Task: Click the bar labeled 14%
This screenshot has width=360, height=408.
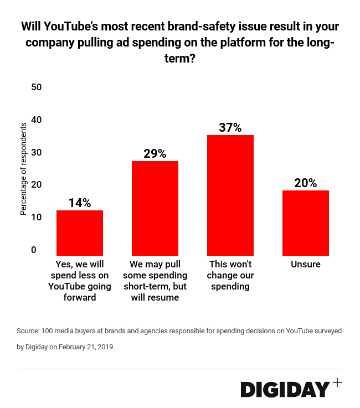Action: click(x=80, y=233)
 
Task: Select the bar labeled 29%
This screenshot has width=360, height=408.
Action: click(x=155, y=208)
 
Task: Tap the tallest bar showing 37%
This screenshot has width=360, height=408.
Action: click(x=230, y=195)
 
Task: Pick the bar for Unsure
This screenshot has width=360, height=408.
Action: click(x=306, y=223)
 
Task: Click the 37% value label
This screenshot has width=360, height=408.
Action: click(x=230, y=127)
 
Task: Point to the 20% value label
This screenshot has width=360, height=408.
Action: click(x=306, y=183)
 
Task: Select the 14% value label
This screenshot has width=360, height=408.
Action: click(x=80, y=203)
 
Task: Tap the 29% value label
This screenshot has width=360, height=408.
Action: click(x=155, y=153)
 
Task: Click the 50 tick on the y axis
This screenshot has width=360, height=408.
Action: click(x=37, y=87)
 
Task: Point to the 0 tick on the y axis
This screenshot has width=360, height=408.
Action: click(x=34, y=250)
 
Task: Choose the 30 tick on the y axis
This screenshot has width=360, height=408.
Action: click(x=37, y=152)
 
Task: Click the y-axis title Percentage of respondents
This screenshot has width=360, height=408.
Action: click(x=23, y=169)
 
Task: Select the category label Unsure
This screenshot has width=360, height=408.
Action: click(x=306, y=264)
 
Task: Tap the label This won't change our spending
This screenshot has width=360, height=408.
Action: click(x=230, y=275)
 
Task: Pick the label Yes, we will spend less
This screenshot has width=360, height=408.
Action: click(x=80, y=281)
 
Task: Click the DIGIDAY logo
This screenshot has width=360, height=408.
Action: click(x=285, y=389)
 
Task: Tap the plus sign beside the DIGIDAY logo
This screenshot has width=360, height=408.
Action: click(x=337, y=383)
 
